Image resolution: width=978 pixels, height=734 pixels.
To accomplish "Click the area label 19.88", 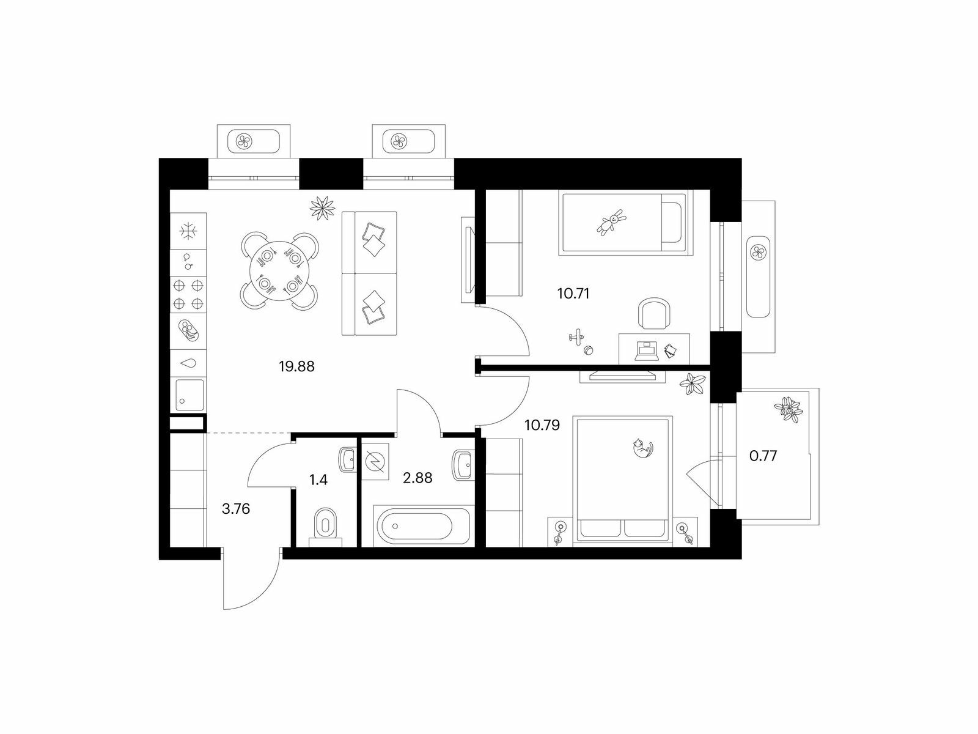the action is (296, 367).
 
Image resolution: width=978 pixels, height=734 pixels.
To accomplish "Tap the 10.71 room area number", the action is (573, 294).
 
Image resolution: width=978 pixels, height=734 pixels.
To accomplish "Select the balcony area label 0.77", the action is (763, 456).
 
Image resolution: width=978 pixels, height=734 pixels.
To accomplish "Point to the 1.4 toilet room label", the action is (318, 480).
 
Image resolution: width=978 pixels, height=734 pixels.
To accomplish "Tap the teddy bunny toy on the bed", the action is (611, 222).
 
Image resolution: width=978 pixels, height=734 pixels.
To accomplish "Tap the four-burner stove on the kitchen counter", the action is (188, 294).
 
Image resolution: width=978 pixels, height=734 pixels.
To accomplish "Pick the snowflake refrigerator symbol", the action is (188, 231).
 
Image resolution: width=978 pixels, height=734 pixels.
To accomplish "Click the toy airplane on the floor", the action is (576, 336).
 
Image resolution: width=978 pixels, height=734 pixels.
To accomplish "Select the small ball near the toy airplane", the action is (589, 350).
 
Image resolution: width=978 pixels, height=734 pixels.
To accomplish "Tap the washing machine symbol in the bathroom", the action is (375, 461).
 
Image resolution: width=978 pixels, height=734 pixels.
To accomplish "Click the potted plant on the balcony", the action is (788, 409).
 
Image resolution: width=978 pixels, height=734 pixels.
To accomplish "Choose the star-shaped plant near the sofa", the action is (322, 208).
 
